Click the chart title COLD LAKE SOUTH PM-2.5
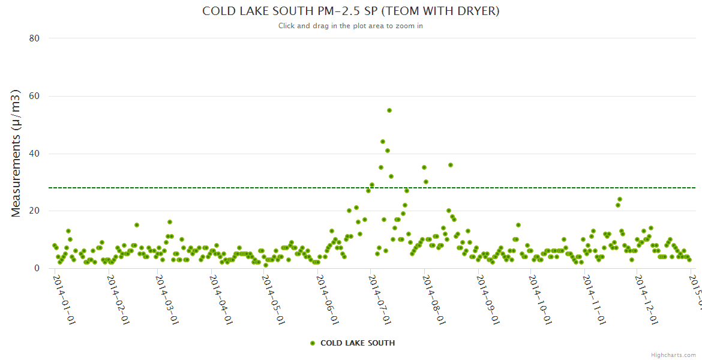(x=350, y=11)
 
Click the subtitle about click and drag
(x=350, y=26)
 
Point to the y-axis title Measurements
(x=16, y=153)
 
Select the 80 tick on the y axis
(x=34, y=38)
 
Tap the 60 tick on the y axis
(x=34, y=96)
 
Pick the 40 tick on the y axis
(x=34, y=154)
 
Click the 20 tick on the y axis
(x=34, y=211)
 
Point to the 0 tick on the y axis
(x=37, y=268)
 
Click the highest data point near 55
(x=389, y=110)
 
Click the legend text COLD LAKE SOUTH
(x=358, y=343)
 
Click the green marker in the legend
(x=312, y=343)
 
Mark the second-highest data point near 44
(x=383, y=142)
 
